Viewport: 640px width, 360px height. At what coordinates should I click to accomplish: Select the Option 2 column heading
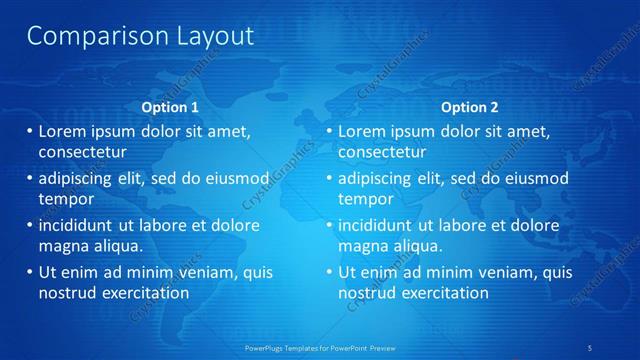click(470, 107)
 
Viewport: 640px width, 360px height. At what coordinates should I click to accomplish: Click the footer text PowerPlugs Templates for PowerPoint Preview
click(320, 348)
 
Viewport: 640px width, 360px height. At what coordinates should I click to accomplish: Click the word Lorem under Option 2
click(362, 131)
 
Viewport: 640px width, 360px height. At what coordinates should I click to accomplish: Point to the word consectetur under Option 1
click(82, 153)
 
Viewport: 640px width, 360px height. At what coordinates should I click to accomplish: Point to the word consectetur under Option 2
click(382, 153)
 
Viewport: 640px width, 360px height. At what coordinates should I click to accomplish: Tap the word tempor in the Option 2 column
click(365, 199)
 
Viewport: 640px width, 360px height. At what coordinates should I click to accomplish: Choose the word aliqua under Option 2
click(421, 246)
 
